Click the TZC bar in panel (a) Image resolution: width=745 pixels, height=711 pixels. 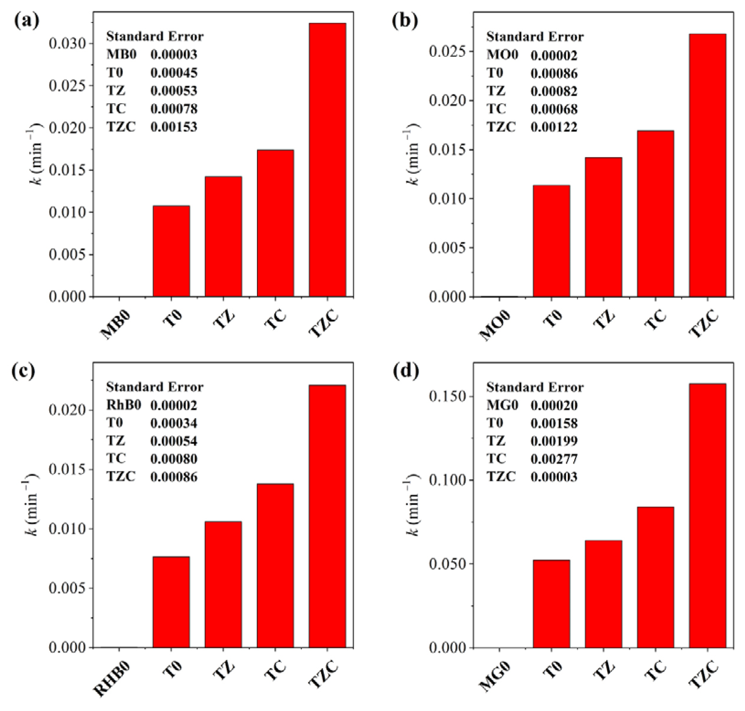327,160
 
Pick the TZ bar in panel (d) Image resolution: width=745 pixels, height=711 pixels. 603,593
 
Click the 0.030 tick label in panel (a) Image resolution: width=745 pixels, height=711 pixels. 67,44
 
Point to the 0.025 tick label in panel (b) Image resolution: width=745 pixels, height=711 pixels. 447,52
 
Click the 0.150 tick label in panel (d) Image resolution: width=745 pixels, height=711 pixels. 447,396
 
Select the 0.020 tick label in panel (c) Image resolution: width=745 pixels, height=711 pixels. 67,410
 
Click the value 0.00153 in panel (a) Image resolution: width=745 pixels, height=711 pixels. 174,127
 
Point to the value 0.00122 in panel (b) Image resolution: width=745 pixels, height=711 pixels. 554,127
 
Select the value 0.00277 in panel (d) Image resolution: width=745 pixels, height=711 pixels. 554,459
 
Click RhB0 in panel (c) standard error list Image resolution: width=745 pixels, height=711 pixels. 123,405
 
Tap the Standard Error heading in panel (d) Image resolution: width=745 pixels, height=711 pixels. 535,387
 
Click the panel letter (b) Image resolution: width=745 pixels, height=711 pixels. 405,21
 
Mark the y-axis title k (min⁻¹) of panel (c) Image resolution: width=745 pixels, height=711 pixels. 33,504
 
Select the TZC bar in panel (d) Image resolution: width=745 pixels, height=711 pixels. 708,516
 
